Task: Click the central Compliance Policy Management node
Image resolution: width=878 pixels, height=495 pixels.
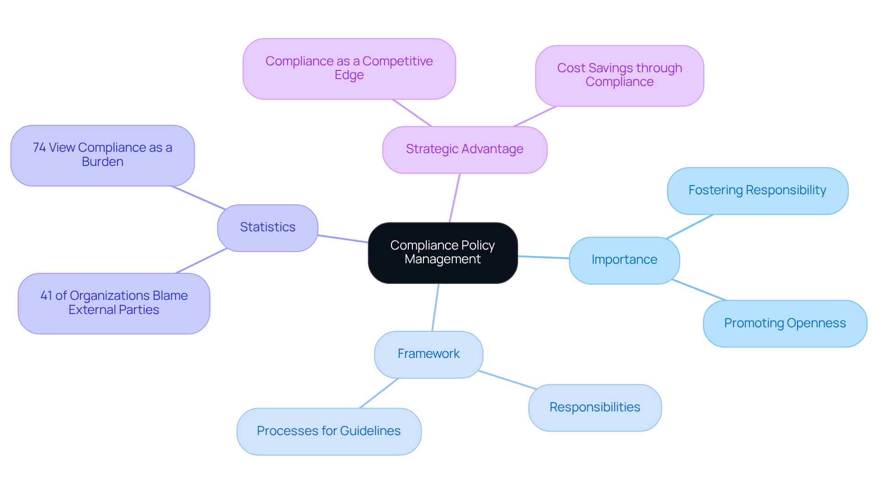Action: click(x=443, y=253)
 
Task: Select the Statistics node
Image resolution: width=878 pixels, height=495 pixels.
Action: click(x=268, y=228)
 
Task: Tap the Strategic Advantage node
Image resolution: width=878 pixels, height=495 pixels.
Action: click(x=465, y=149)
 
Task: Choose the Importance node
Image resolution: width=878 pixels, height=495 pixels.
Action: click(x=624, y=260)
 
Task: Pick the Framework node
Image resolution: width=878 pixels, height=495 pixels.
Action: click(x=428, y=354)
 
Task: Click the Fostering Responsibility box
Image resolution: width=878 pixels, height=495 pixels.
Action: click(x=757, y=191)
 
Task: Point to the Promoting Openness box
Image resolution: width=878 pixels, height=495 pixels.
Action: click(x=785, y=324)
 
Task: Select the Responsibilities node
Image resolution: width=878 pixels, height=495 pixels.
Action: click(x=594, y=408)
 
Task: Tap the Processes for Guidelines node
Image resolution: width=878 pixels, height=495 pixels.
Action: click(x=329, y=431)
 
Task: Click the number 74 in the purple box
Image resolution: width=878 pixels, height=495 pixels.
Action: click(x=39, y=148)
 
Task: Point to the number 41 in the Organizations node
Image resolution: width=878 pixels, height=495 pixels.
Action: click(x=46, y=296)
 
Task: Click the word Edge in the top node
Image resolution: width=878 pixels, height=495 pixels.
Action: click(x=349, y=75)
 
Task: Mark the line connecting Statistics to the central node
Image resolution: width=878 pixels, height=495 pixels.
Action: click(x=343, y=239)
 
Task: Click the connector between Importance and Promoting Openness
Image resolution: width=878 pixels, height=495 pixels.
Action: click(x=699, y=290)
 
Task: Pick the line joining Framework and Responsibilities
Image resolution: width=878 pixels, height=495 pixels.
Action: click(x=508, y=380)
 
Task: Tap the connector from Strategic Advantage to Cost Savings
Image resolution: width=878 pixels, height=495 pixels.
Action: click(x=535, y=116)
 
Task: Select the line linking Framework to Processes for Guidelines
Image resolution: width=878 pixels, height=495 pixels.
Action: click(x=379, y=393)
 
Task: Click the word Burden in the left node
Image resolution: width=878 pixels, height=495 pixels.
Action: click(x=102, y=162)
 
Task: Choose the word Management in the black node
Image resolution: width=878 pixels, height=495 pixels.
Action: click(x=443, y=260)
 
